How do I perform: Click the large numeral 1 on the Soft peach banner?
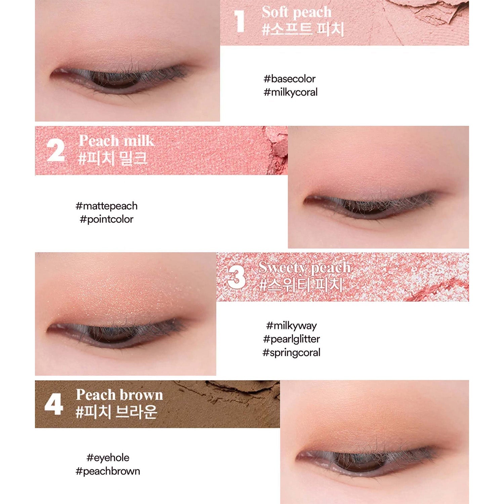tap(239, 22)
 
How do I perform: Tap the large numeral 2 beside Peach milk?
tap(55, 151)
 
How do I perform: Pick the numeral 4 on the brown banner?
tap(54, 404)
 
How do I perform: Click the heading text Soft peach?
tap(297, 12)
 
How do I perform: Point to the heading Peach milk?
tap(117, 140)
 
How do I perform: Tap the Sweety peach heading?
tap(304, 267)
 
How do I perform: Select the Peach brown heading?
tap(119, 395)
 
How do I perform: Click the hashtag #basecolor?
tap(290, 79)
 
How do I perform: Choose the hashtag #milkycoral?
tap(291, 92)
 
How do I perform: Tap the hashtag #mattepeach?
tap(107, 206)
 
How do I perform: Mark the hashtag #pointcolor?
tap(107, 219)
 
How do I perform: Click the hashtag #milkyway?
tap(291, 326)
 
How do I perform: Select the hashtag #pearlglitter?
tap(291, 339)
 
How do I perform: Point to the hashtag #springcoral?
tap(291, 352)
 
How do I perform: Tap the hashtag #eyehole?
tap(108, 458)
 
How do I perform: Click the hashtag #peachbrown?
tap(108, 471)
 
